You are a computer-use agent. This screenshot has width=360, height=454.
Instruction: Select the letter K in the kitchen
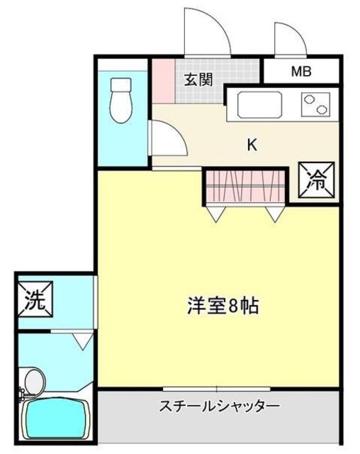point(252,145)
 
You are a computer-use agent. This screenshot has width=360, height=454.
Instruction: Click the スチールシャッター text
point(220,406)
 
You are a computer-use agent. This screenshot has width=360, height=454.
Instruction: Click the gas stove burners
point(317,106)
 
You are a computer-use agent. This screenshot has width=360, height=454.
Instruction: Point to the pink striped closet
point(246,186)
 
